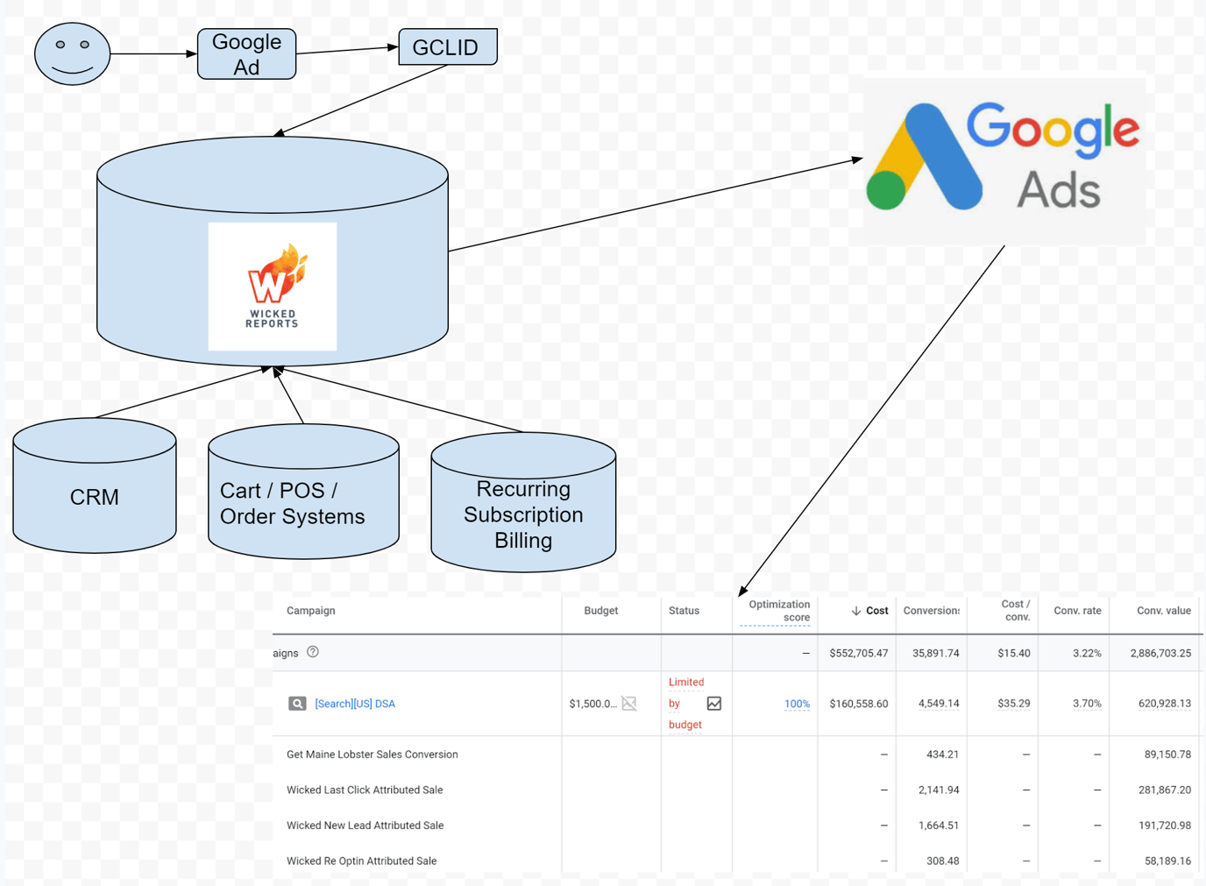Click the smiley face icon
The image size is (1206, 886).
click(72, 54)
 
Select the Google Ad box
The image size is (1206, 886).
click(246, 54)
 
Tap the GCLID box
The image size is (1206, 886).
click(447, 47)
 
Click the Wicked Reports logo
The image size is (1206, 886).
click(273, 287)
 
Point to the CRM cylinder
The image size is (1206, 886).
click(95, 496)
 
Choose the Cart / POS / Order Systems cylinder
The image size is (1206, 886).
click(303, 502)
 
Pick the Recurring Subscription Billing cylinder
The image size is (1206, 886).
click(523, 514)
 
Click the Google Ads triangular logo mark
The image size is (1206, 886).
click(924, 159)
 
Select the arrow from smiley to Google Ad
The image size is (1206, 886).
click(153, 54)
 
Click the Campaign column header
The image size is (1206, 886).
click(311, 611)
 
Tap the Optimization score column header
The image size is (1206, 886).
click(778, 611)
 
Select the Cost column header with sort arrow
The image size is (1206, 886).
click(869, 611)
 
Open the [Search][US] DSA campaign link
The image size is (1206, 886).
click(355, 704)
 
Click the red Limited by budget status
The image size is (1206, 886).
click(685, 704)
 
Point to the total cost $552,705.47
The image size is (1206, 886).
click(858, 654)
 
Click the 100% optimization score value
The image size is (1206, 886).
click(797, 704)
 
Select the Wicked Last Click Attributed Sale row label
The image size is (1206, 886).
click(365, 790)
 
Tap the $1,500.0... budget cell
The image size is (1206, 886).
click(592, 704)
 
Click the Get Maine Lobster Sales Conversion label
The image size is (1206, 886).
click(372, 755)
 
